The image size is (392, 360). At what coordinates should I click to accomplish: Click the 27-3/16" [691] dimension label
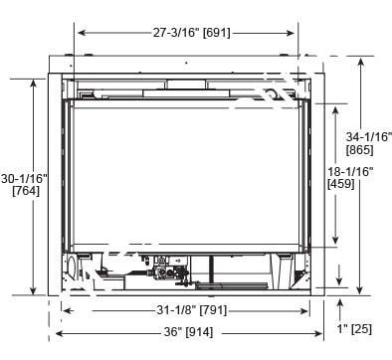point(191,33)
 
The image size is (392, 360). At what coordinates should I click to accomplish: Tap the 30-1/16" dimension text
point(24,179)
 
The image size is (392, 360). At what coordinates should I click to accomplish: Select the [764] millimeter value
point(26,191)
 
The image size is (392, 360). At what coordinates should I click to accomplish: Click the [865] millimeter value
point(360,150)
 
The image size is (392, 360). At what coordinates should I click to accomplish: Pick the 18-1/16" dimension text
point(350,171)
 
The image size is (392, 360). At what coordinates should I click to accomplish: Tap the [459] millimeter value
point(341,184)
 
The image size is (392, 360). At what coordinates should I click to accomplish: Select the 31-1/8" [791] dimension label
point(192,310)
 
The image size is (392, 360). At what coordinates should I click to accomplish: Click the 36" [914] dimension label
point(189,332)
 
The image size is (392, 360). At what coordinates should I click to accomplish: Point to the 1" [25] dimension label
point(354,329)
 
